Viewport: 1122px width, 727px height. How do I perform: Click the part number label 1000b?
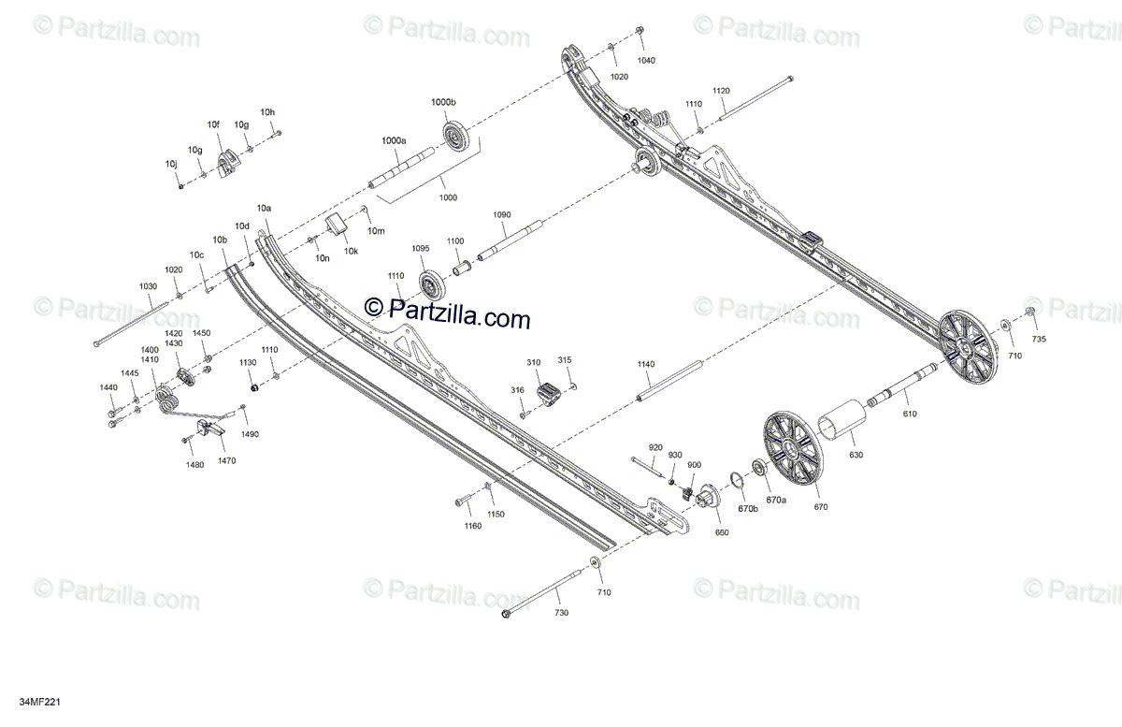(443, 102)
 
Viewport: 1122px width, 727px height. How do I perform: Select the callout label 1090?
(502, 215)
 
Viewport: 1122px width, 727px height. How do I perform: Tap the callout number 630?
(856, 455)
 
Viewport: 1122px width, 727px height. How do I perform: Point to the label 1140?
(646, 364)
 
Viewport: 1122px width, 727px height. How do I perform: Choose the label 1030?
(149, 286)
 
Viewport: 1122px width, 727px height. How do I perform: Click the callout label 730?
(561, 612)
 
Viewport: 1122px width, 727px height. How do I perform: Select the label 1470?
(227, 460)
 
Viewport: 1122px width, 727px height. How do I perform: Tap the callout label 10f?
(213, 124)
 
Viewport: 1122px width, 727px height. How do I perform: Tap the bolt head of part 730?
(508, 614)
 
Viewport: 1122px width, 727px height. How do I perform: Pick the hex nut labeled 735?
(1029, 312)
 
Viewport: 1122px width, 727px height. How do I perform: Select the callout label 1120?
(720, 91)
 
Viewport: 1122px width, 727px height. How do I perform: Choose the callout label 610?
(909, 412)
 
